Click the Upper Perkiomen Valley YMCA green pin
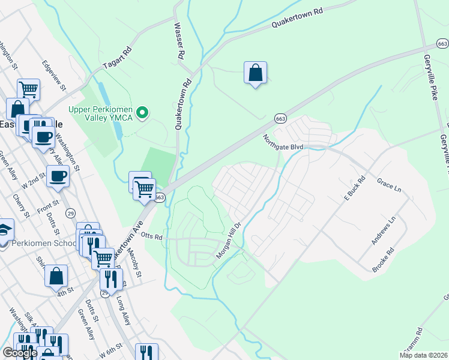pyautogui.click(x=142, y=112)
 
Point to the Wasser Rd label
pyautogui.click(x=178, y=41)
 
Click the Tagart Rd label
pyautogui.click(x=117, y=59)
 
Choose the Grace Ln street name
pyautogui.click(x=389, y=184)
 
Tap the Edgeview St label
pyautogui.click(x=54, y=74)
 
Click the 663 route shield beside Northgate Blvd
pyautogui.click(x=280, y=118)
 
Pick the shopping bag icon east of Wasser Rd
pyautogui.click(x=256, y=73)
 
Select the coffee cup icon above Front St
pyautogui.click(x=58, y=176)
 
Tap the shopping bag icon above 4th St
pyautogui.click(x=56, y=276)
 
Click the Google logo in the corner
pyautogui.click(x=19, y=353)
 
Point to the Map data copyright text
pyautogui.click(x=423, y=355)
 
